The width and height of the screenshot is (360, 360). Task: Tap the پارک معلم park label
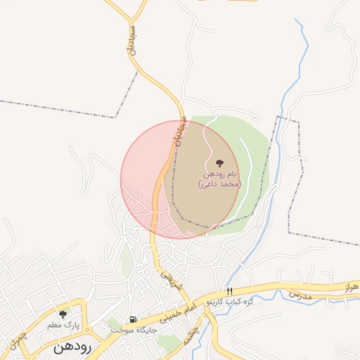(63, 326)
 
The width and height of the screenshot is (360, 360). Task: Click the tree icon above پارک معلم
(63, 314)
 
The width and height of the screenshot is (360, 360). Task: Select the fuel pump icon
(132, 319)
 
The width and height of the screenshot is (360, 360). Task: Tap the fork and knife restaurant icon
(229, 290)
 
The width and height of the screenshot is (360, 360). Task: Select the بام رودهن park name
(221, 173)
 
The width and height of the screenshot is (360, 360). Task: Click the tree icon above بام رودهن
(219, 162)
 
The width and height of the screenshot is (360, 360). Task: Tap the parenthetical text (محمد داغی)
(220, 184)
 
